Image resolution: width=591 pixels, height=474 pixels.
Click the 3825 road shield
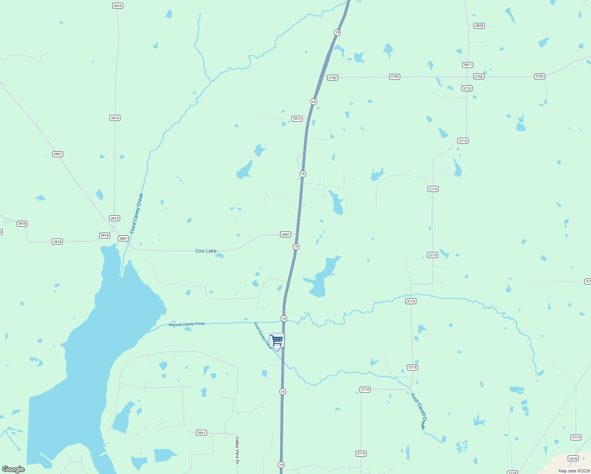479,26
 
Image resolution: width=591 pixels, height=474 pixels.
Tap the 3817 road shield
468,65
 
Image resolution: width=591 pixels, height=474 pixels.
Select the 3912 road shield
297,118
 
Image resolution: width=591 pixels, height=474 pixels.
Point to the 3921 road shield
201,433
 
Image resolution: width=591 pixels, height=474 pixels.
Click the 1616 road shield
573,459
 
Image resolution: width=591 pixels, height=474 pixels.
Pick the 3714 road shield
576,437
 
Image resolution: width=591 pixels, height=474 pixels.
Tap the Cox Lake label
206,251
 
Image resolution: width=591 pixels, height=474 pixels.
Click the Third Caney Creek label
137,213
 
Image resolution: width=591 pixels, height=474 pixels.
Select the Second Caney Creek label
186,324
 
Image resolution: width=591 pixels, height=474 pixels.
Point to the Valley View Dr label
237,450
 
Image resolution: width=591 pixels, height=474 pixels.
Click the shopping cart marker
277,340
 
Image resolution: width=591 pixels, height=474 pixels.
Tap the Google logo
13,469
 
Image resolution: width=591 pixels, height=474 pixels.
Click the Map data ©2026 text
574,471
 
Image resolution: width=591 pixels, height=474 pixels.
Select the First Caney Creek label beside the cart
263,336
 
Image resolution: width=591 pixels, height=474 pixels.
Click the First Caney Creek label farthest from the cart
418,411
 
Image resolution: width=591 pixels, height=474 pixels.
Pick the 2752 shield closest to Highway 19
333,78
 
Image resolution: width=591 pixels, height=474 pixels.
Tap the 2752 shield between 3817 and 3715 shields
479,77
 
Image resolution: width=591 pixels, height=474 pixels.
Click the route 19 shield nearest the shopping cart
284,318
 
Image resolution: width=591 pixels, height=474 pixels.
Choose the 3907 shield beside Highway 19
286,235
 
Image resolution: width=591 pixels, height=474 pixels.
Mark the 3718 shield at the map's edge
512,472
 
